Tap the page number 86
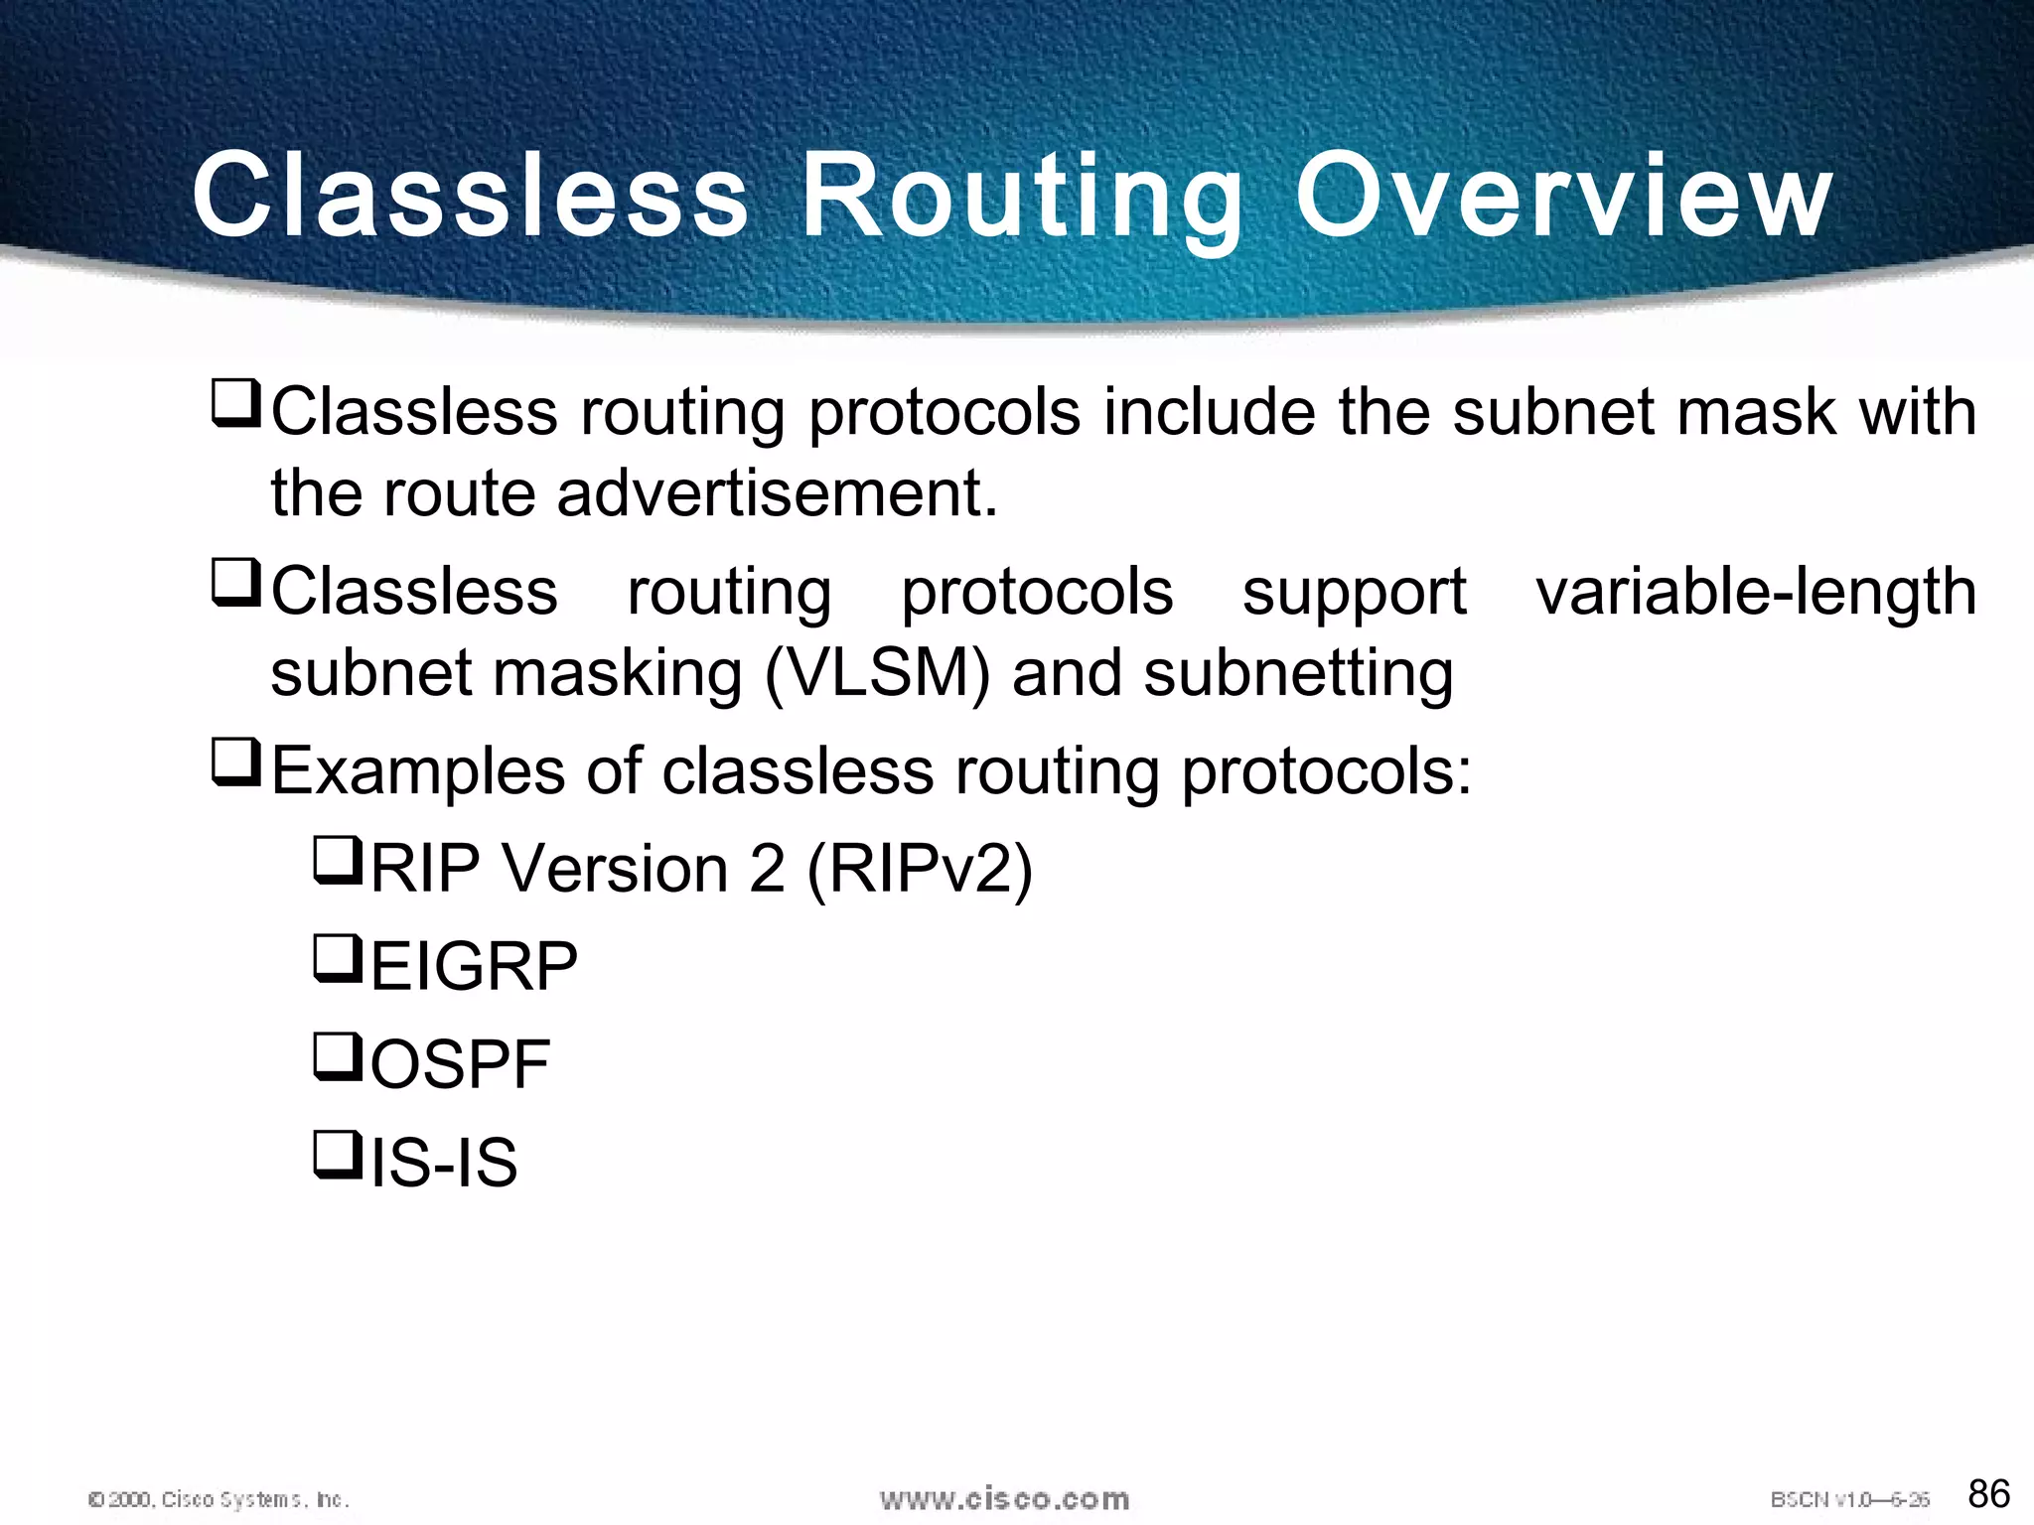(1988, 1493)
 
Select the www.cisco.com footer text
(1004, 1498)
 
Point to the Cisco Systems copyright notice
(218, 1499)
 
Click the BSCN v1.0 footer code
(1849, 1499)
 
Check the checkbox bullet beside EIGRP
(338, 958)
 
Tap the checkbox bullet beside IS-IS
(338, 1154)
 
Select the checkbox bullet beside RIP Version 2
(338, 860)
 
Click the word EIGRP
(474, 966)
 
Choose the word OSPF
(460, 1064)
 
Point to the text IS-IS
(444, 1163)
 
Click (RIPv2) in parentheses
(920, 869)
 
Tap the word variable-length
(1756, 593)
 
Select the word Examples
(418, 771)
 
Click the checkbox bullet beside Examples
(236, 762)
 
